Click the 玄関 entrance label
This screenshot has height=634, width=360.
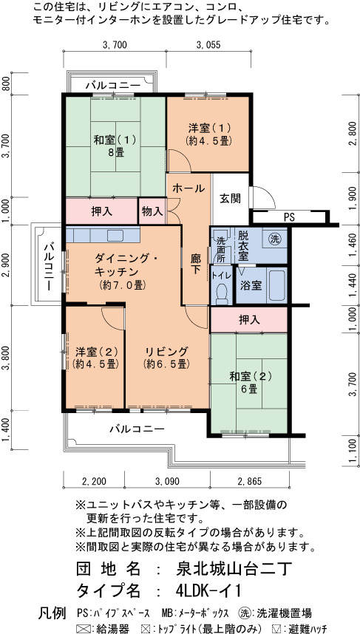click(231, 198)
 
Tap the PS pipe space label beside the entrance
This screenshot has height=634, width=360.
click(289, 217)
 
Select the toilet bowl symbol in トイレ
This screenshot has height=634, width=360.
click(222, 294)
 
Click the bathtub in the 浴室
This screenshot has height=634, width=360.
click(276, 285)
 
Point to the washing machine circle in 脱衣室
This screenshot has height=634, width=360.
click(276, 237)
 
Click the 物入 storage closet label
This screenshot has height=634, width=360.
click(152, 211)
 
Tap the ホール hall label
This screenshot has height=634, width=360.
click(189, 188)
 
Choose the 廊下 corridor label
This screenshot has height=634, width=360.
click(196, 264)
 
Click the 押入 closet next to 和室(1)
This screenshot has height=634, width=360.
click(101, 211)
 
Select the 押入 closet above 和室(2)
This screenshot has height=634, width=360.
click(249, 320)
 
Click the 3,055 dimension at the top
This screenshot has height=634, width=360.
click(208, 45)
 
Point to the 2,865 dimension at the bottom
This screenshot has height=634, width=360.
click(250, 481)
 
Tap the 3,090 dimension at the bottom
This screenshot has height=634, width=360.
click(167, 481)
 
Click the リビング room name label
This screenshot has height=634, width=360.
click(167, 351)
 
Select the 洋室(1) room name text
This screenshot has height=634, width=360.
click(208, 128)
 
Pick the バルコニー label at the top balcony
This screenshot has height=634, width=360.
click(113, 86)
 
